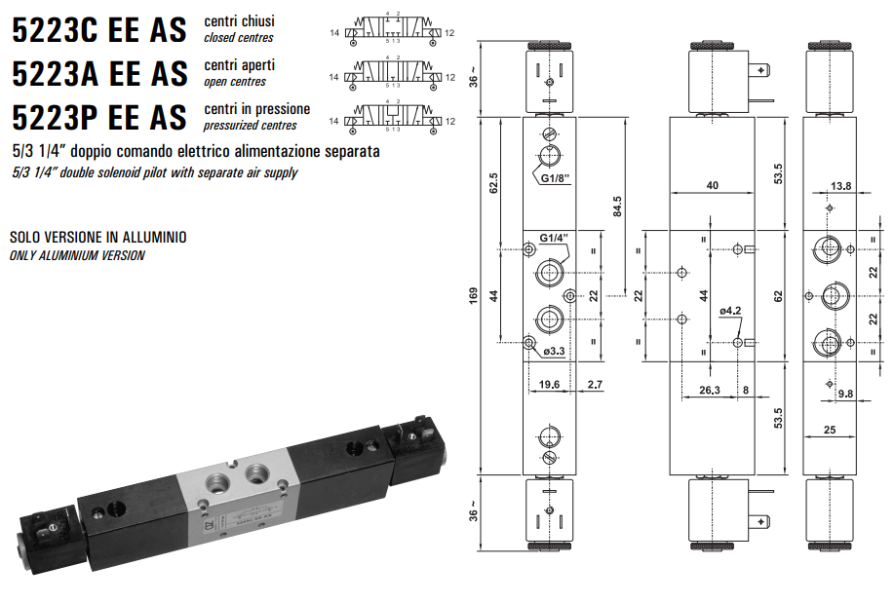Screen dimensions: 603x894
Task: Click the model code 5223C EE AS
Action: [98, 30]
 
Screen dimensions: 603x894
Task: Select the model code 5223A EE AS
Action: [98, 74]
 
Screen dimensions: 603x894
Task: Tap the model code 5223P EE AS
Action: [98, 118]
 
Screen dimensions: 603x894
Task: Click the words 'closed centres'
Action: [238, 38]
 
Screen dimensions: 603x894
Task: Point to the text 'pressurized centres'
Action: [250, 126]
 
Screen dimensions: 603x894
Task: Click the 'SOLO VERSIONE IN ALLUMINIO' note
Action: [97, 237]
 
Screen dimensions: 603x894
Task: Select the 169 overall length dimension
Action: [474, 295]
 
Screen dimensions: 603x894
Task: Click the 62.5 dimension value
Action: [494, 182]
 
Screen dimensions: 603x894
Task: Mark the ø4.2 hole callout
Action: [732, 311]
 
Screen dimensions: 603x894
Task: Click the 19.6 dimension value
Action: [550, 385]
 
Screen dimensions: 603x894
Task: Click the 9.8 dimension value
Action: [847, 394]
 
